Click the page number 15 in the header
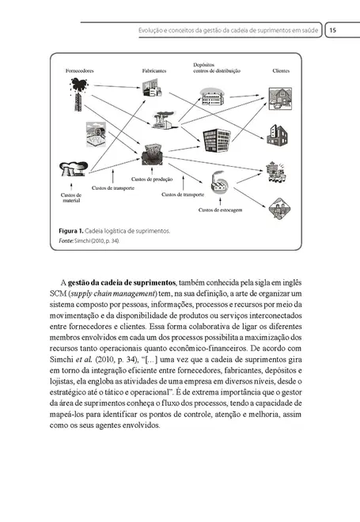click(333, 30)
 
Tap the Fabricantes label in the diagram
click(154, 71)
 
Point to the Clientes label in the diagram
click(280, 71)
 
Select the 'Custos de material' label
click(70, 199)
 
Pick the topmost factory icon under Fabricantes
click(154, 85)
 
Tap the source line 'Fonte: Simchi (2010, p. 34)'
click(88, 240)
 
